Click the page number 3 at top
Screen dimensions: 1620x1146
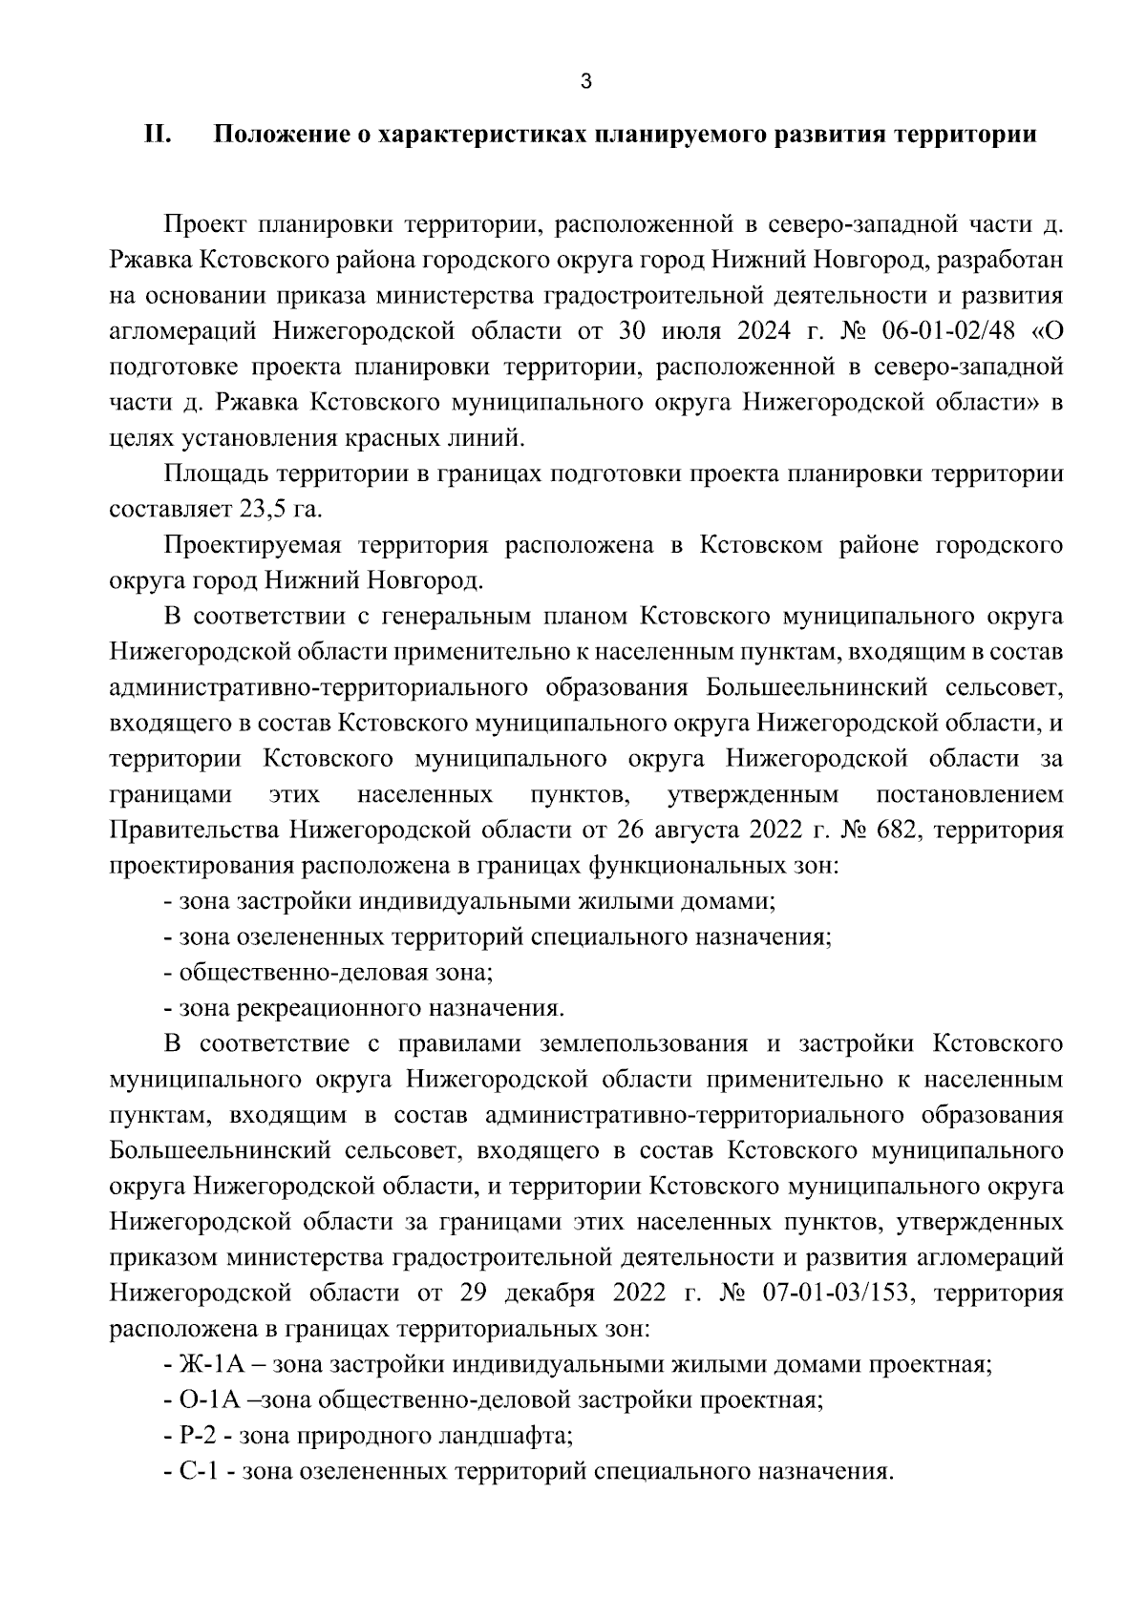pos(585,82)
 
